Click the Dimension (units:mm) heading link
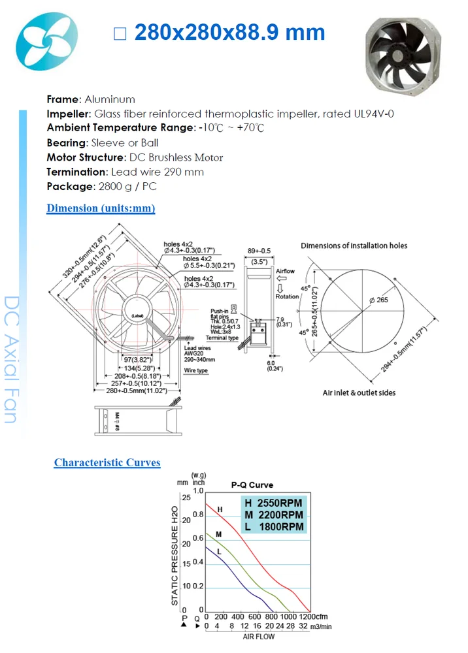coord(101,208)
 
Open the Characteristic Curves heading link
coord(107,462)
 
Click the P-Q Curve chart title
coord(252,485)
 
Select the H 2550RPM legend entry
coord(275,503)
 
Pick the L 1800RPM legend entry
coord(275,527)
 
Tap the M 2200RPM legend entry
coord(275,515)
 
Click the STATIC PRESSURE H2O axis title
coord(175,555)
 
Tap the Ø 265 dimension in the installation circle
coord(378,300)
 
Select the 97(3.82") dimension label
coord(137,360)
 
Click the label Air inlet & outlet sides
coord(359,392)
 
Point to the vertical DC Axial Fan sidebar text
coord(11,359)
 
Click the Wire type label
coord(196,370)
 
